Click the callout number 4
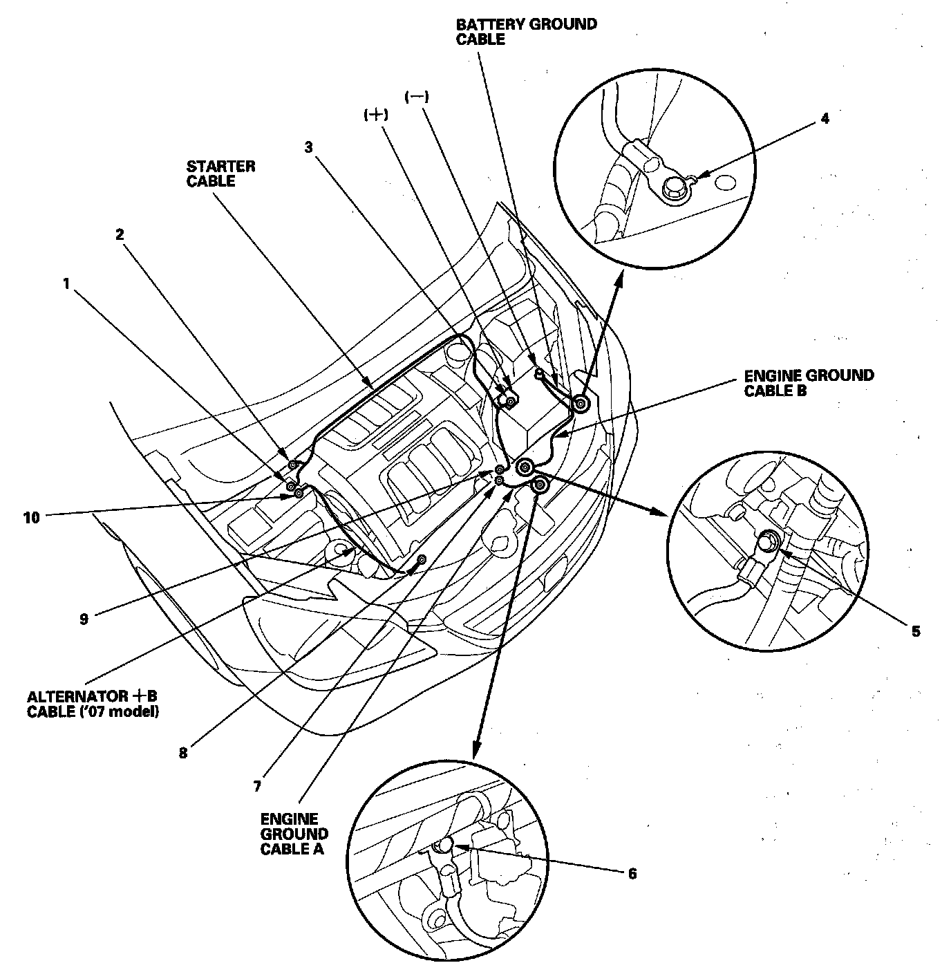pos(825,118)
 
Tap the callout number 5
pos(915,631)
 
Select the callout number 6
pos(632,874)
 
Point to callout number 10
pos(32,516)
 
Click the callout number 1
pos(66,283)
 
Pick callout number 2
pos(120,234)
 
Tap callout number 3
pos(309,147)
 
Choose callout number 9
pos(84,619)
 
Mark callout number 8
pos(182,753)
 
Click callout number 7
pos(256,786)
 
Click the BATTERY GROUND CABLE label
pos(526,32)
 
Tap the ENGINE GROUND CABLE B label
pos(809,383)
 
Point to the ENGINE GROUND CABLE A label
pos(294,834)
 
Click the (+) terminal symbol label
pos(375,116)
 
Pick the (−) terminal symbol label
pos(417,97)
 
